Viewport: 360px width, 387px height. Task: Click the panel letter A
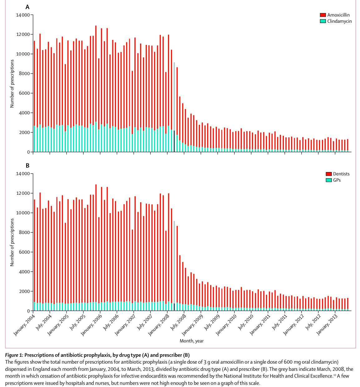tap(28, 7)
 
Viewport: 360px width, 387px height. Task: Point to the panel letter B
tap(28, 166)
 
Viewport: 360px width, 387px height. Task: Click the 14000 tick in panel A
tap(23, 15)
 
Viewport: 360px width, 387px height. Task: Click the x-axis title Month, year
tap(192, 341)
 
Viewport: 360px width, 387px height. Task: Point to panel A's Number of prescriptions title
tap(12, 84)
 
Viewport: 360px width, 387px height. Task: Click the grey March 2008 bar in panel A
tap(174, 106)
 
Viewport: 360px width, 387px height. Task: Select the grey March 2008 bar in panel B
tap(174, 265)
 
